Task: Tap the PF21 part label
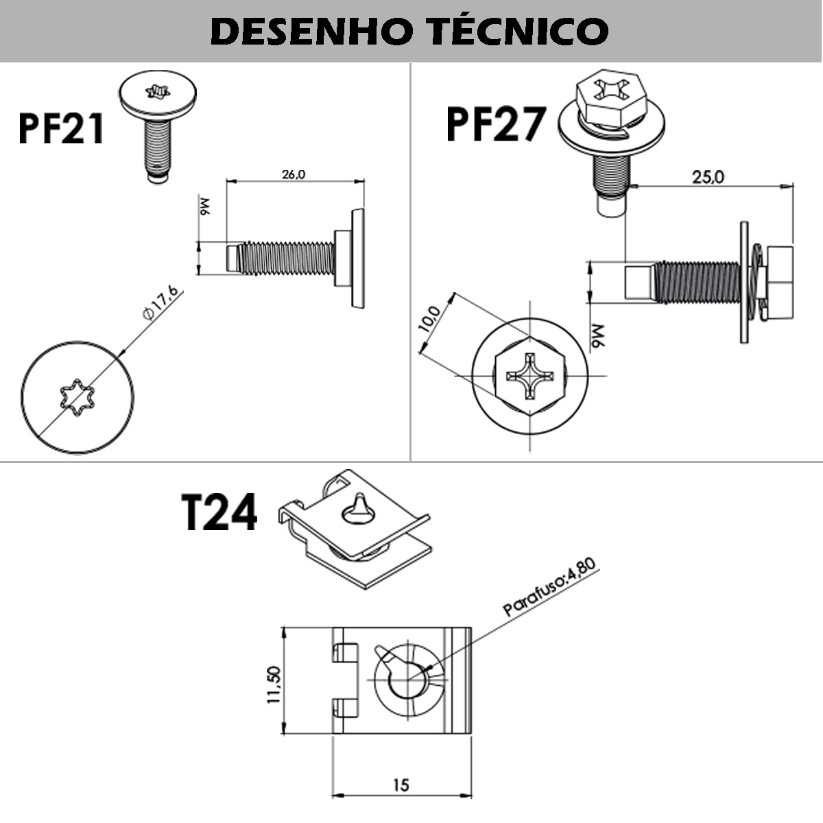[x=62, y=128]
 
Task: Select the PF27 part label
[x=495, y=125]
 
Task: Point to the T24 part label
[x=219, y=513]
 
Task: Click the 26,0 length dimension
[x=294, y=174]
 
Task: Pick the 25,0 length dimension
[x=707, y=177]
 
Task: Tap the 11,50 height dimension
[x=274, y=684]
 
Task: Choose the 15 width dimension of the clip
[x=401, y=784]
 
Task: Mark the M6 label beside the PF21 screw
[x=204, y=206]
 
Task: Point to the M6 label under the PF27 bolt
[x=597, y=336]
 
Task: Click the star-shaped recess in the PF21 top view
[x=77, y=398]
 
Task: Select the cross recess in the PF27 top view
[x=529, y=376]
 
